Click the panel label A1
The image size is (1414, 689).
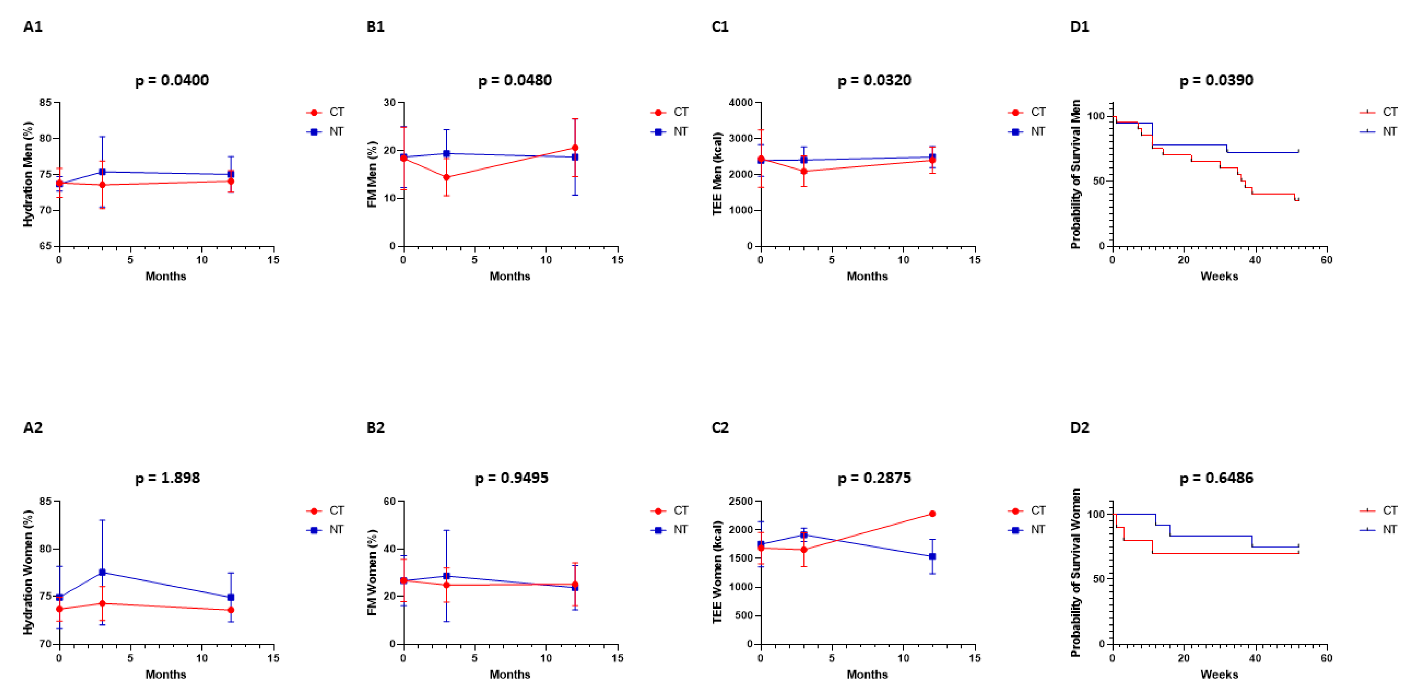pyautogui.click(x=33, y=26)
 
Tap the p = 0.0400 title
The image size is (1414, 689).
pyautogui.click(x=172, y=80)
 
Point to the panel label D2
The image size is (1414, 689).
pyautogui.click(x=1079, y=427)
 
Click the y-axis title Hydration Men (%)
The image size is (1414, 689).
pyautogui.click(x=28, y=174)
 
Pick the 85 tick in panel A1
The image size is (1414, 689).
pyautogui.click(x=46, y=103)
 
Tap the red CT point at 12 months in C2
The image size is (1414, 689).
pyautogui.click(x=932, y=514)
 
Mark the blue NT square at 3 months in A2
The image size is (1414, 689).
pyautogui.click(x=102, y=572)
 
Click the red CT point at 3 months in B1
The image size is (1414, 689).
pyautogui.click(x=446, y=177)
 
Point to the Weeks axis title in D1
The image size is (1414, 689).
pyautogui.click(x=1219, y=276)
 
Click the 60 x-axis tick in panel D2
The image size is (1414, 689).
pyautogui.click(x=1326, y=658)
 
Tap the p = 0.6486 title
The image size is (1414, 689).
pyautogui.click(x=1216, y=478)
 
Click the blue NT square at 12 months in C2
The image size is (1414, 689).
pyautogui.click(x=932, y=556)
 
